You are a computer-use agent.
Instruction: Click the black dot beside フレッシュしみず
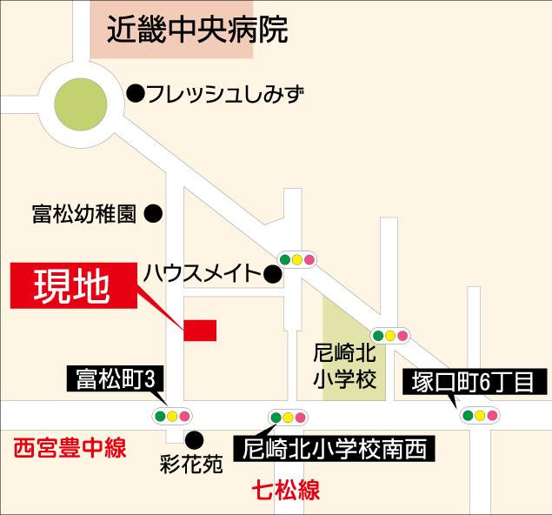coord(136,92)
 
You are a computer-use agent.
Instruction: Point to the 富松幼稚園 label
coord(83,212)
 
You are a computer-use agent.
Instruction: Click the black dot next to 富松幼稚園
coord(153,211)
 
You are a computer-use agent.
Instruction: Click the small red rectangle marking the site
coord(200,330)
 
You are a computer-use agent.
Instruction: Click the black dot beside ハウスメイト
coord(272,276)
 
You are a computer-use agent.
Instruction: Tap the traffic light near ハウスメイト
coord(296,258)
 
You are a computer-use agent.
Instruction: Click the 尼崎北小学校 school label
coord(344,367)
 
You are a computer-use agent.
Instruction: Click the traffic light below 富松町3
coord(173,416)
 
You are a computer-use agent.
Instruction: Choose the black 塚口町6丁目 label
coord(475,381)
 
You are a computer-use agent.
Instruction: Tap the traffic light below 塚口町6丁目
coord(479,416)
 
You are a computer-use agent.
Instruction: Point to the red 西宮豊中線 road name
coord(70,450)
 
